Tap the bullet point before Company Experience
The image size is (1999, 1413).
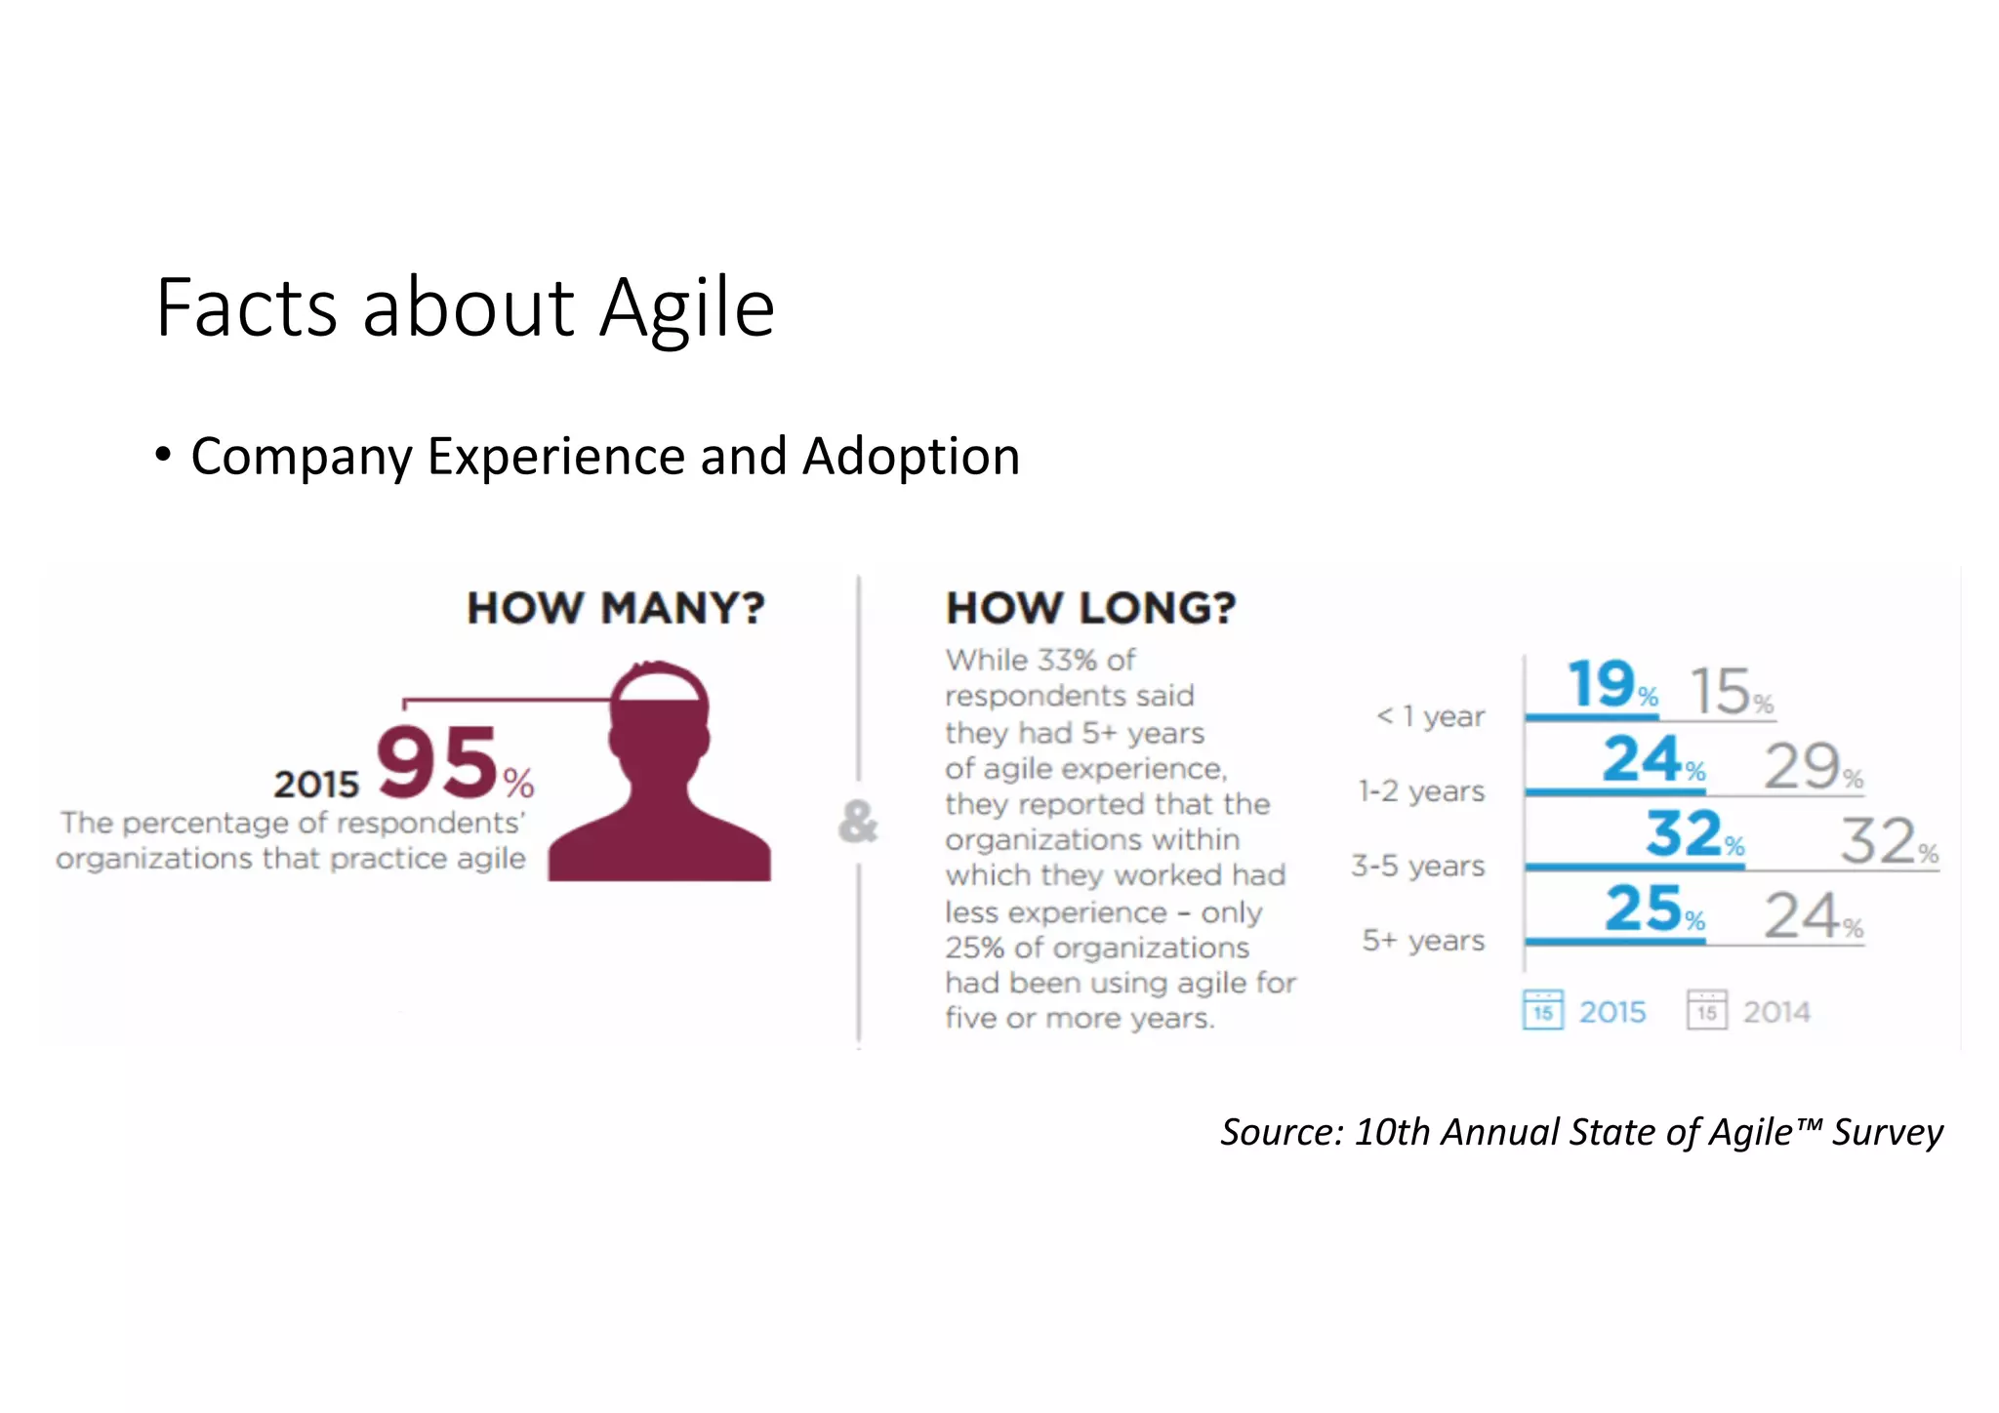click(163, 455)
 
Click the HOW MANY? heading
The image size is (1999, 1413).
click(616, 608)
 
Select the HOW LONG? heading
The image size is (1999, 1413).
click(1090, 608)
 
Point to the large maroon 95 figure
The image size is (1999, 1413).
click(437, 762)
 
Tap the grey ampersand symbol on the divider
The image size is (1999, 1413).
click(858, 821)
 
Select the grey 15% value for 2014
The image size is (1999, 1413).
click(1721, 691)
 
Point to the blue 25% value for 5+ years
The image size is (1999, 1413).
click(1644, 908)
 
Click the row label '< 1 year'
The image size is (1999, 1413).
click(1430, 716)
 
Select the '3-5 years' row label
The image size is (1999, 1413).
click(1417, 866)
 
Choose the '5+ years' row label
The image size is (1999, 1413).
click(1423, 941)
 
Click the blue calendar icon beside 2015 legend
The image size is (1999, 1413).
click(1542, 1010)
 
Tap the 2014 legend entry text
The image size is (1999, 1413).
click(1776, 1012)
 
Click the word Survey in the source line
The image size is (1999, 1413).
click(1887, 1132)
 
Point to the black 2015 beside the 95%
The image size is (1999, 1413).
click(316, 785)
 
